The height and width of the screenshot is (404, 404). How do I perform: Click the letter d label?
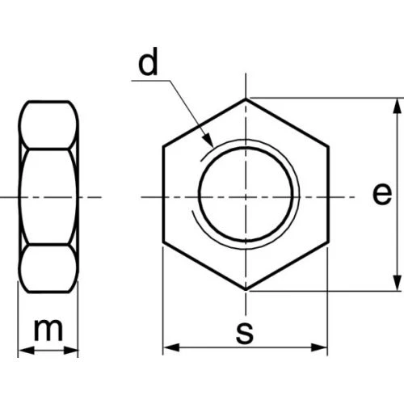pyautogui.click(x=148, y=62)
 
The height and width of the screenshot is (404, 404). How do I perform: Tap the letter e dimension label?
pyautogui.click(x=382, y=194)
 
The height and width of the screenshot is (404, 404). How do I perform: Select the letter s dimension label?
pyautogui.click(x=245, y=333)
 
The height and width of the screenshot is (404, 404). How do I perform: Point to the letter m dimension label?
pyautogui.click(x=48, y=330)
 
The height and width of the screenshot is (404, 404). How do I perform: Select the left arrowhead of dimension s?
pyautogui.click(x=171, y=347)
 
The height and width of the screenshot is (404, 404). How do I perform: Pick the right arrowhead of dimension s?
pyautogui.click(x=319, y=347)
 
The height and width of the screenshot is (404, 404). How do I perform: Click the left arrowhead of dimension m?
pyautogui.click(x=27, y=351)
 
